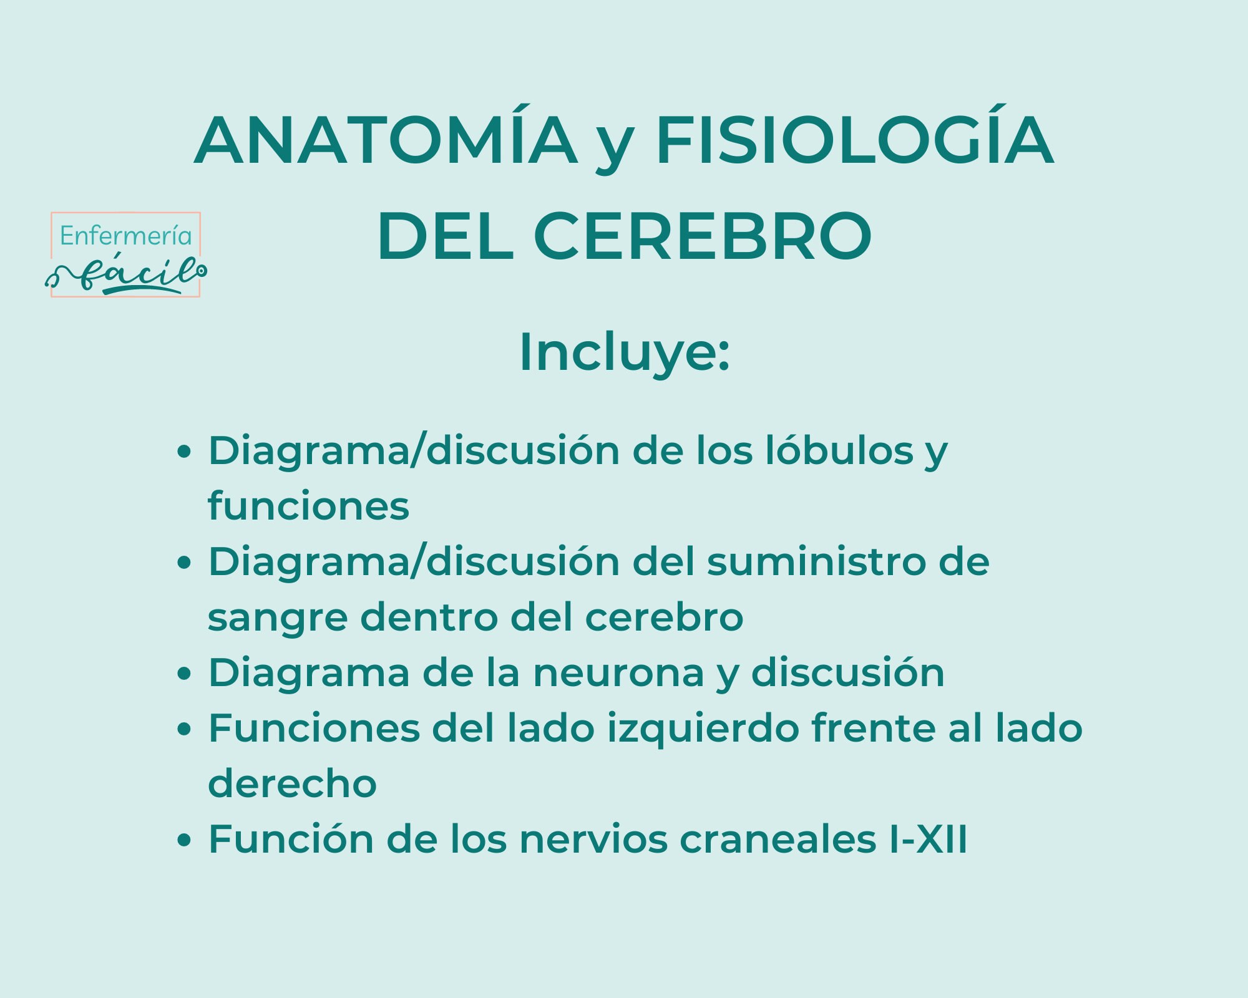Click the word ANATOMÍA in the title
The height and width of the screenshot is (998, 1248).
386,140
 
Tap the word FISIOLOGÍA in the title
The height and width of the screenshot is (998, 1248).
855,140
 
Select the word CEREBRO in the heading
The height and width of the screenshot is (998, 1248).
703,236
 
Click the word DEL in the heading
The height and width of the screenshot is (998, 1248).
446,236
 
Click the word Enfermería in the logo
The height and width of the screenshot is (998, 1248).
125,236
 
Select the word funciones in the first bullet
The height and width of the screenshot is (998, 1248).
308,506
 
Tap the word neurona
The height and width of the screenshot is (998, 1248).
618,673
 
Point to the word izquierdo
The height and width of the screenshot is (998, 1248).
703,729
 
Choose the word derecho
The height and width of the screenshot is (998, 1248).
292,784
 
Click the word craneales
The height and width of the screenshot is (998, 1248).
778,840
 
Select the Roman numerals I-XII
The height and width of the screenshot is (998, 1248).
929,840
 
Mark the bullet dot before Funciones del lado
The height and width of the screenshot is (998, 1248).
183,730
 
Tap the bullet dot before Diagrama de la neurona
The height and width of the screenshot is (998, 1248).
183,674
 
